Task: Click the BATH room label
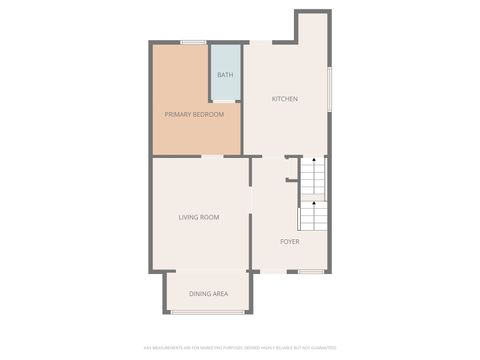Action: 225,75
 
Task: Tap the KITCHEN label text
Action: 285,99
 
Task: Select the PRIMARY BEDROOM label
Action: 194,115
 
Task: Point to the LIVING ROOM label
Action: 199,217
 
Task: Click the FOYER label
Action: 289,241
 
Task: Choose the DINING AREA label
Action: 209,294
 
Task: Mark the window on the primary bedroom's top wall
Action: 193,42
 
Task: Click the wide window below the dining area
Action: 208,312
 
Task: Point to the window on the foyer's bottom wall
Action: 311,272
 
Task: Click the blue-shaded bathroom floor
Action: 225,88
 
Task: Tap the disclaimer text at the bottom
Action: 239,347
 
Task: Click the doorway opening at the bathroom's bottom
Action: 225,101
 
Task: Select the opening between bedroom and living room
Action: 211,156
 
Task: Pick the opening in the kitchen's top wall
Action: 259,42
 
